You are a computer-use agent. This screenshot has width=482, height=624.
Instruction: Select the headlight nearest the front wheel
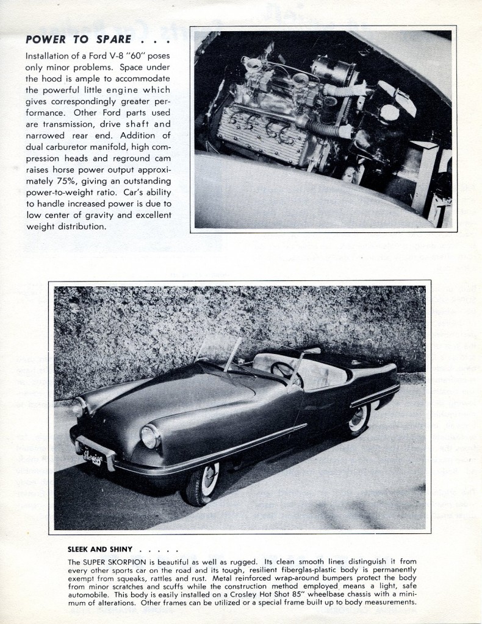(149, 436)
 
